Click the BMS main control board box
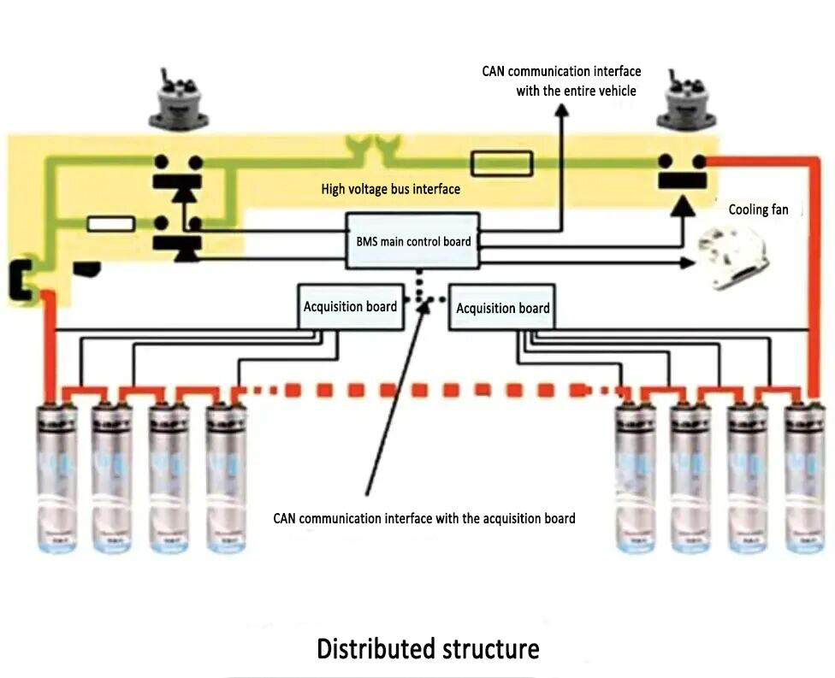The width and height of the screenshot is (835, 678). point(413,241)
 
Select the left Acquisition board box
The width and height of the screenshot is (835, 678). point(350,306)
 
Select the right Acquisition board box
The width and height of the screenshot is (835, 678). point(502,308)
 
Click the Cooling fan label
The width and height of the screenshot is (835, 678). point(758,209)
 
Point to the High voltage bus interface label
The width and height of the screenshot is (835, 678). point(390,189)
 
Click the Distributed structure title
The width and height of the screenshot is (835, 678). point(428,648)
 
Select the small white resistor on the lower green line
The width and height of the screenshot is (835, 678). point(111,224)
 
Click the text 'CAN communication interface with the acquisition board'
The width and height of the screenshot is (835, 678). point(424,518)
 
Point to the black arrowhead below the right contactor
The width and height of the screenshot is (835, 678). point(682,206)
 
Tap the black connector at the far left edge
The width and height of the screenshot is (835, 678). point(20,280)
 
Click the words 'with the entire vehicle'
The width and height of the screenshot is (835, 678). point(577,90)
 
